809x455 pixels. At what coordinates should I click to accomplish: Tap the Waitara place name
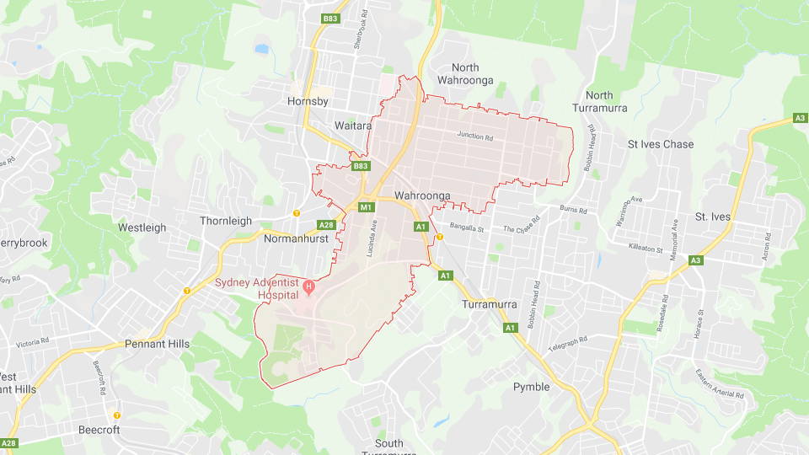[x=353, y=125]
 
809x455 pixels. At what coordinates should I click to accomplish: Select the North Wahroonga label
[x=465, y=75]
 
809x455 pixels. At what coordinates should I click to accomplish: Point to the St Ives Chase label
[x=661, y=144]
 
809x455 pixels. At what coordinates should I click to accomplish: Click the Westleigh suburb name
[x=142, y=227]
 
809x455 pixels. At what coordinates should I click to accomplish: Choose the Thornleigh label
[x=226, y=221]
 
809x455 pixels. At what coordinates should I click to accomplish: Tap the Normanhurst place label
[x=296, y=238]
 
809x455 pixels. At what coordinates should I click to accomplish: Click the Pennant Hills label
[x=157, y=344]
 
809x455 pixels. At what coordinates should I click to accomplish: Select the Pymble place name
[x=531, y=387]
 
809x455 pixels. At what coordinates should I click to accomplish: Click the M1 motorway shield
[x=366, y=207]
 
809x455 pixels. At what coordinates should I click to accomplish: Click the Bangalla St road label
[x=469, y=228]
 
